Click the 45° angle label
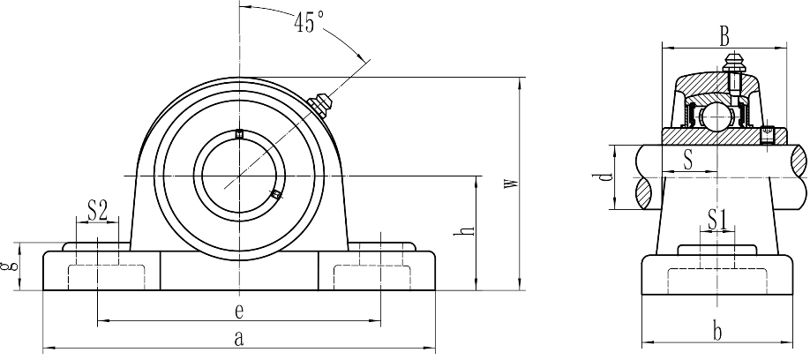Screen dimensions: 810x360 point(310,23)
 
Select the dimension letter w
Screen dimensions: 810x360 point(510,184)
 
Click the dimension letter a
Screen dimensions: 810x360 point(238,339)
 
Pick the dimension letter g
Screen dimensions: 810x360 point(8,266)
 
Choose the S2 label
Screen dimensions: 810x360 point(97,211)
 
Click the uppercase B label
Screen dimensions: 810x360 point(724,37)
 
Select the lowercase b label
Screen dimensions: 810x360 point(717,331)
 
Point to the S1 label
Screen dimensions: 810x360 point(717,220)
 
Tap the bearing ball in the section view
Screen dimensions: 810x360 point(715,116)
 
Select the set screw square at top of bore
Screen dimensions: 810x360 point(238,134)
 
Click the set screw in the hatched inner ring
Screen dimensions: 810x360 point(767,134)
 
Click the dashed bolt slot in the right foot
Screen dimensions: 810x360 point(373,276)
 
